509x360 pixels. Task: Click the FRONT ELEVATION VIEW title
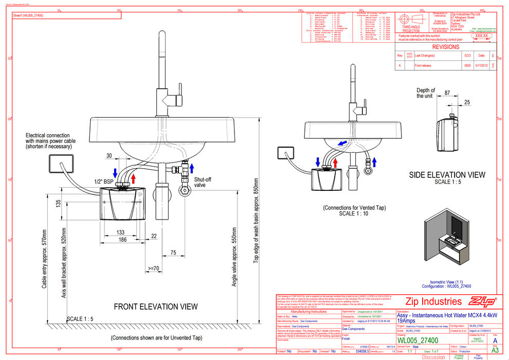tap(155, 307)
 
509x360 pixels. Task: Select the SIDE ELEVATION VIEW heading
tap(447, 175)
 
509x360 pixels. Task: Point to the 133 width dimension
tap(121, 232)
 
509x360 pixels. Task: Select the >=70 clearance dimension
tap(153, 268)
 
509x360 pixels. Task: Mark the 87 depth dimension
tap(447, 93)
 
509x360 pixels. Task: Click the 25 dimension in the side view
tap(466, 102)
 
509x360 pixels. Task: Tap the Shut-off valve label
tap(202, 183)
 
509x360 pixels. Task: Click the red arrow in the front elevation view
tap(134, 178)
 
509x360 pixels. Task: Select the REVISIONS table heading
tap(446, 47)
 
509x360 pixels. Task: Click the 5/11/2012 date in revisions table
tap(481, 66)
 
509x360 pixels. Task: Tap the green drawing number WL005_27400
tap(417, 340)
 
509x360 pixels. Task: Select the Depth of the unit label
tap(426, 93)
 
